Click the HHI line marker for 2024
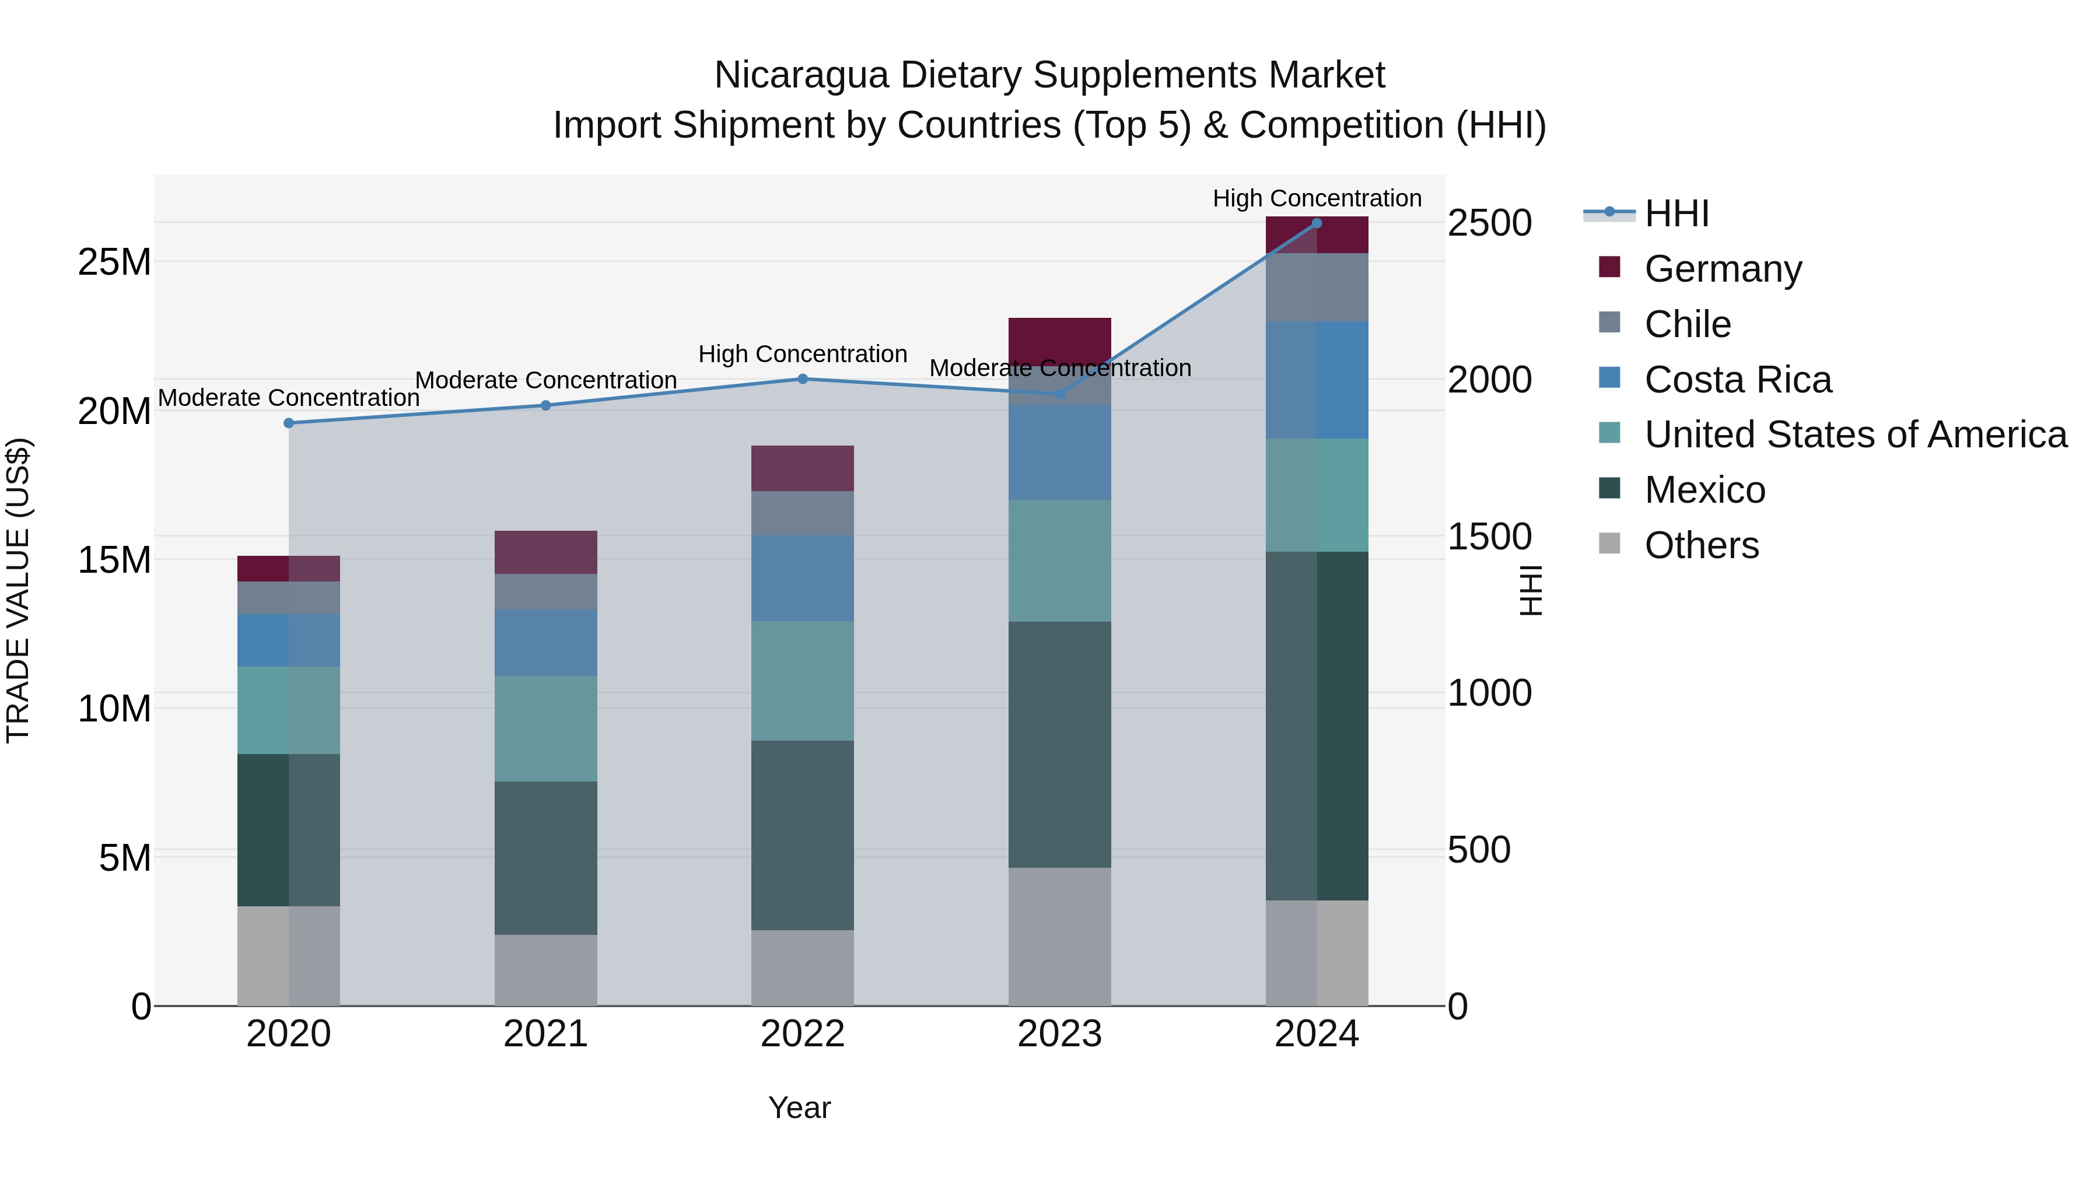click(1316, 223)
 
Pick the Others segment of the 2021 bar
click(545, 969)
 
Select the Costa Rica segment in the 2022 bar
click(802, 578)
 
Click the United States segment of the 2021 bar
click(545, 728)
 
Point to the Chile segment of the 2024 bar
click(1316, 287)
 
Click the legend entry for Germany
click(1722, 269)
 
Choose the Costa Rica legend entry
click(1737, 380)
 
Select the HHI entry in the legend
click(1676, 213)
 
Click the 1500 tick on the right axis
click(1489, 537)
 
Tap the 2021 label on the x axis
click(545, 1034)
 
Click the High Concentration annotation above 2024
click(1316, 198)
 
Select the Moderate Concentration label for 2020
click(289, 398)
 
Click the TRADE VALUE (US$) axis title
click(18, 590)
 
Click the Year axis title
click(799, 1108)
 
